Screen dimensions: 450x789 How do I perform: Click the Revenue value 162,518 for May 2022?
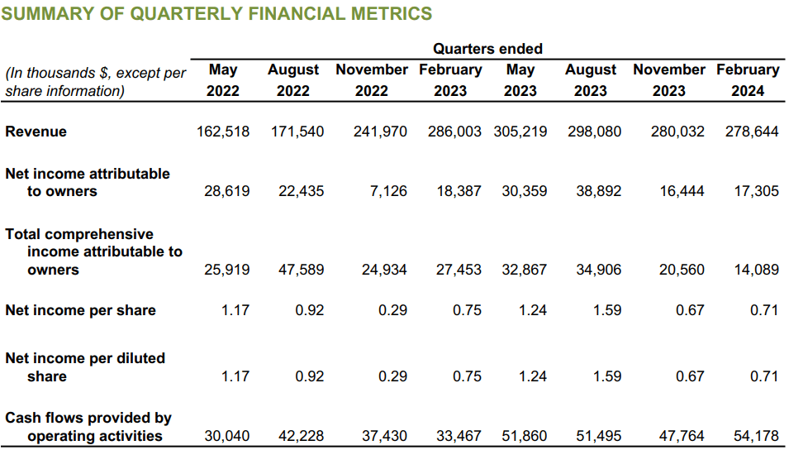pos(223,132)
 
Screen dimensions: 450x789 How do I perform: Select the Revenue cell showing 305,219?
pos(520,132)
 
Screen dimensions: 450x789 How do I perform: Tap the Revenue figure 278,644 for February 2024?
pos(752,132)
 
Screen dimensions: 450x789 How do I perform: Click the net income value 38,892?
pos(598,191)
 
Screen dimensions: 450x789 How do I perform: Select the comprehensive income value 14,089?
pos(756,270)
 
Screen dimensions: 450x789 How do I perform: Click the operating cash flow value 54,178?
pos(756,436)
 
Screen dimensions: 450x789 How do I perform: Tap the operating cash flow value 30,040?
pos(226,436)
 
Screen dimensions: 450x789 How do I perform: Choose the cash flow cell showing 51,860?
pos(524,436)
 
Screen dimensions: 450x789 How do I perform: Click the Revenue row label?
pos(36,132)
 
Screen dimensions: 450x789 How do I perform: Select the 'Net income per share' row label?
pos(80,310)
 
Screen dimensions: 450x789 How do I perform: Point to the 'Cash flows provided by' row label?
pos(88,419)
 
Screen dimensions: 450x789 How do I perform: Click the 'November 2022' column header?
pos(371,80)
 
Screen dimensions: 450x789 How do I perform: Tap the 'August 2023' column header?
pos(591,80)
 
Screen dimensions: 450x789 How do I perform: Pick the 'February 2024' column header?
pos(748,80)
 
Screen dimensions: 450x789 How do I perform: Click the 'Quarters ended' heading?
pos(487,49)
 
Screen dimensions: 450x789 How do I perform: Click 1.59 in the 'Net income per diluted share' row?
pos(607,376)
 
